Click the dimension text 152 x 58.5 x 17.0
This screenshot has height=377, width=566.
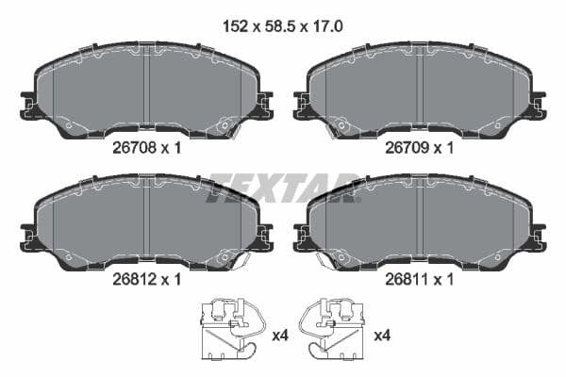click(x=282, y=27)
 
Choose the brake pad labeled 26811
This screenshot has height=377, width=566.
click(x=421, y=222)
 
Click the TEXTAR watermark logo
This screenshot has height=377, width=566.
click(x=283, y=188)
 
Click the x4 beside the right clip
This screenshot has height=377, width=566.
click(x=383, y=336)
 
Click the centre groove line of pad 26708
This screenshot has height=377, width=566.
click(x=148, y=90)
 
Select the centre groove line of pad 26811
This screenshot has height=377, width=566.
click(x=422, y=221)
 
